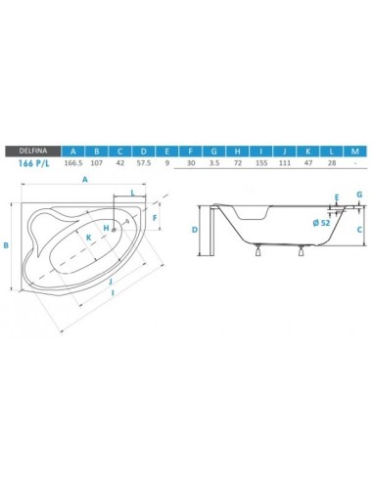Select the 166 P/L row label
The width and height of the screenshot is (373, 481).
34,165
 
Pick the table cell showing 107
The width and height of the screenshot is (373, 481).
98,165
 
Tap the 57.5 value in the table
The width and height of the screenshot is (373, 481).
143,165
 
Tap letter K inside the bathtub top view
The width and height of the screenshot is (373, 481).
88,237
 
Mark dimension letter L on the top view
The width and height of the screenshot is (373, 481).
132,194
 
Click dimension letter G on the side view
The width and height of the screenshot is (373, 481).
359,196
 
